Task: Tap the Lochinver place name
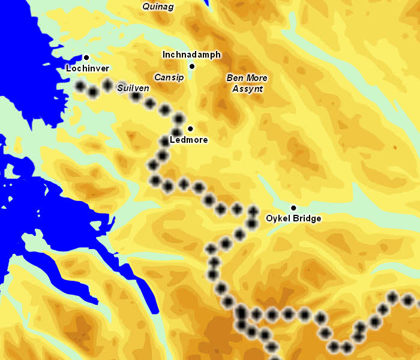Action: click(x=88, y=68)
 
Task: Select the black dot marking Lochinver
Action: click(x=86, y=57)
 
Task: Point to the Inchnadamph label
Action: click(x=192, y=55)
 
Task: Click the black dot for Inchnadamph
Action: click(x=192, y=66)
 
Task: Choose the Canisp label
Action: click(x=169, y=77)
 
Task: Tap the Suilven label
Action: click(x=133, y=88)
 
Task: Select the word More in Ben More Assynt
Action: click(x=256, y=78)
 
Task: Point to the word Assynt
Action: click(x=247, y=89)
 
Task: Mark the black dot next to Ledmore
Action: click(x=190, y=128)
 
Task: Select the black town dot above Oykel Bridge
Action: click(x=293, y=208)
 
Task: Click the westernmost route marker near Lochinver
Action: click(x=80, y=86)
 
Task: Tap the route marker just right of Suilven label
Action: click(x=136, y=96)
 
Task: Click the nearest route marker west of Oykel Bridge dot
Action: click(x=253, y=210)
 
